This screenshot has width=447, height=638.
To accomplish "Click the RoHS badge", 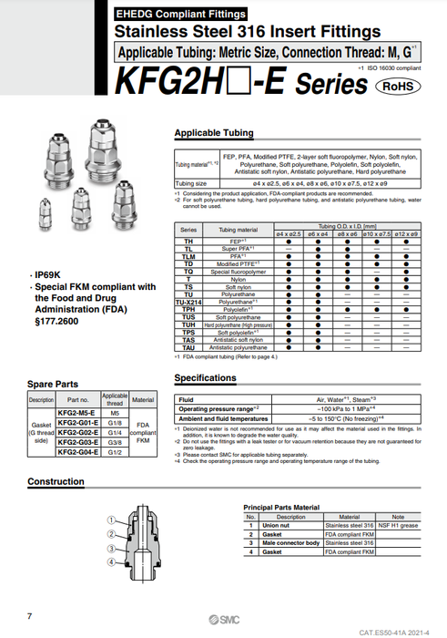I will click(398, 85).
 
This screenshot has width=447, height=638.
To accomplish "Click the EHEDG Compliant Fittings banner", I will click(180, 15).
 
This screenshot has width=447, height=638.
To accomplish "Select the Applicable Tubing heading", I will click(214, 133).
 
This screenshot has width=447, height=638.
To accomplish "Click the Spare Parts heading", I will click(52, 385).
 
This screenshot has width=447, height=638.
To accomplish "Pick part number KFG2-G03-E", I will click(78, 441).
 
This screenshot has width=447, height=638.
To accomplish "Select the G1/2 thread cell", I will click(115, 451).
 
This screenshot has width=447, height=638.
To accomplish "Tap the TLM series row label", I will click(189, 257).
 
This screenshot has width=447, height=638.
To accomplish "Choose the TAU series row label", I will click(189, 347).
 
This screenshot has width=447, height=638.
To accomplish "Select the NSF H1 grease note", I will click(398, 525).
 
